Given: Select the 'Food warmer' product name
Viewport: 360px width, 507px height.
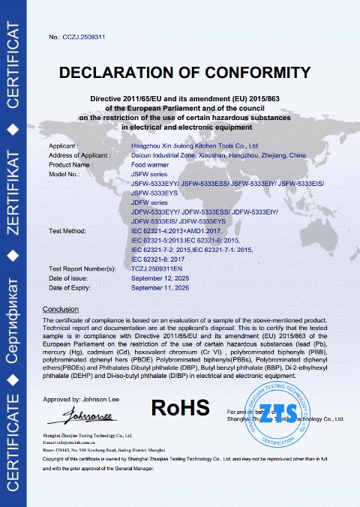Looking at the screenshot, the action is (x=150, y=164).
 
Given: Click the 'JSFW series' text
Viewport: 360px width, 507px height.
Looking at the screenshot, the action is (x=150, y=173).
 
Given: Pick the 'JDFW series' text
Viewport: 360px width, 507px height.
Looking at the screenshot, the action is (x=150, y=202).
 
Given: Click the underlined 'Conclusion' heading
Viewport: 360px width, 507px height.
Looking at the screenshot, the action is (x=61, y=309).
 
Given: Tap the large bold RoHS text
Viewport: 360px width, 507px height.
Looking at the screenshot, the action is (x=180, y=407).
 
